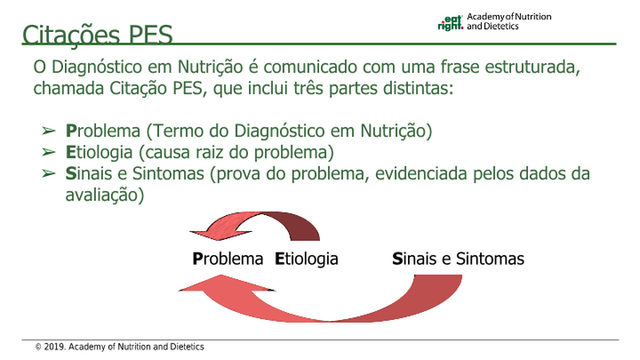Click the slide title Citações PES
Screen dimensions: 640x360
(98, 34)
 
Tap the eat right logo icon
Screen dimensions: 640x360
(450, 23)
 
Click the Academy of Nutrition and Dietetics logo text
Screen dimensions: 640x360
(509, 22)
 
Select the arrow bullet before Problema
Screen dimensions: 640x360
(49, 131)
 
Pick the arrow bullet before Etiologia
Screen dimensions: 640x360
(49, 152)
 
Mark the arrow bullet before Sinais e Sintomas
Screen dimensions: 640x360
(49, 174)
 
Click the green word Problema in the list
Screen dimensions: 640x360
(103, 131)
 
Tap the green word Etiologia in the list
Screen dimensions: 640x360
(99, 152)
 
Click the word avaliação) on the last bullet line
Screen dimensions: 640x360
(105, 195)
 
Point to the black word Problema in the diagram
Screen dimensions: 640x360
(228, 258)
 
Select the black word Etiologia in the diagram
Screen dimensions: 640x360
(306, 259)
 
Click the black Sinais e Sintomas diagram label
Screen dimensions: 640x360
(458, 258)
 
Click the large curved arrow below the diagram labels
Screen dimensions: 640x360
(330, 318)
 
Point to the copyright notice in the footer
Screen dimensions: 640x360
(119, 347)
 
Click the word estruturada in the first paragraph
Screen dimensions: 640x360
(532, 67)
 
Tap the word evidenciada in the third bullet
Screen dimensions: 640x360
(422, 174)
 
